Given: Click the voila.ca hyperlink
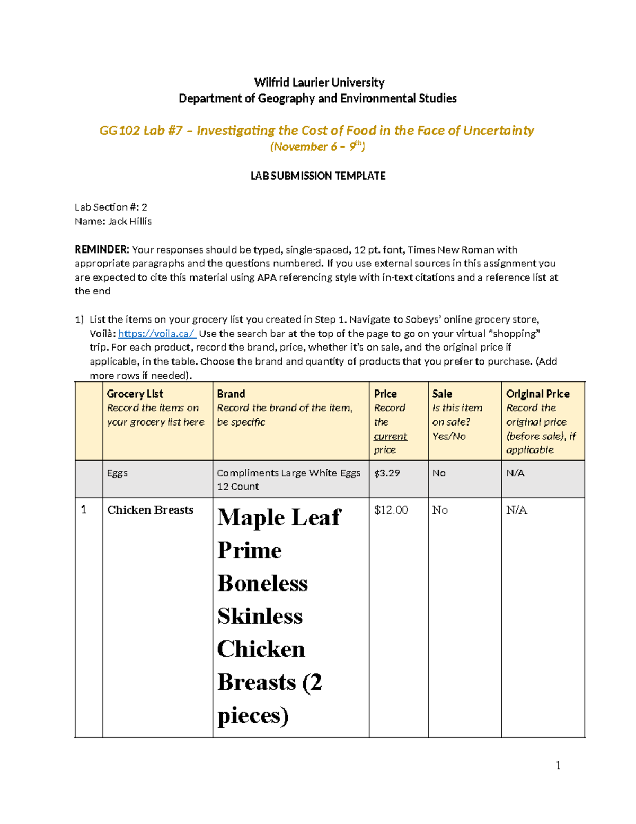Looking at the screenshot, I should click(157, 334).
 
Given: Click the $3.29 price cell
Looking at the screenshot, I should click(387, 473).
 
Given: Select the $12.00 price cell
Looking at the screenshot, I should click(391, 510).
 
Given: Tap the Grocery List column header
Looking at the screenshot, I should click(135, 394).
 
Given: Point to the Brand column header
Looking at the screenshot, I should click(231, 394).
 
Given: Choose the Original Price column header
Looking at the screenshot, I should click(537, 394).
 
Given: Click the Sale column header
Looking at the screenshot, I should click(442, 394).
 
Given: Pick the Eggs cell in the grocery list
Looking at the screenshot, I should click(117, 473).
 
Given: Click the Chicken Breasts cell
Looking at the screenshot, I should click(150, 510).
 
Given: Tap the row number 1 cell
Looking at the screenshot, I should click(84, 510).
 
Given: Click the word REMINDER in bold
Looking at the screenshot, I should click(101, 250).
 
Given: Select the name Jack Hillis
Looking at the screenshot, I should click(130, 221).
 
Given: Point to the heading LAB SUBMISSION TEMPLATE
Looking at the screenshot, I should click(318, 176).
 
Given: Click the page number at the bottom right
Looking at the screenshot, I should click(558, 765).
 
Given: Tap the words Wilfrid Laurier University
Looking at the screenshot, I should click(319, 83).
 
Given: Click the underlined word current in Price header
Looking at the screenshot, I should click(390, 436).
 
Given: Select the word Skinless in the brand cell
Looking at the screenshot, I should click(260, 617).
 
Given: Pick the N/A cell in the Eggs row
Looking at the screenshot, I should click(515, 473).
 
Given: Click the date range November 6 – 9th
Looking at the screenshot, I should click(317, 147).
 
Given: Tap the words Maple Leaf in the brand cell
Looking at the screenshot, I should click(279, 518).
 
